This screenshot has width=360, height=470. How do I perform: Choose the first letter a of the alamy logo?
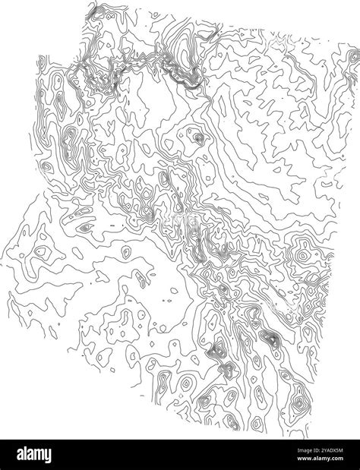[17, 453]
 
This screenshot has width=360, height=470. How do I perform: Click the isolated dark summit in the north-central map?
[199, 138]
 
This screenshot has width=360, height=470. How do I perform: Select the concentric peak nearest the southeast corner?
[298, 402]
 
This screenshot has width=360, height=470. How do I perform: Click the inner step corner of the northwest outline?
[83, 55]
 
